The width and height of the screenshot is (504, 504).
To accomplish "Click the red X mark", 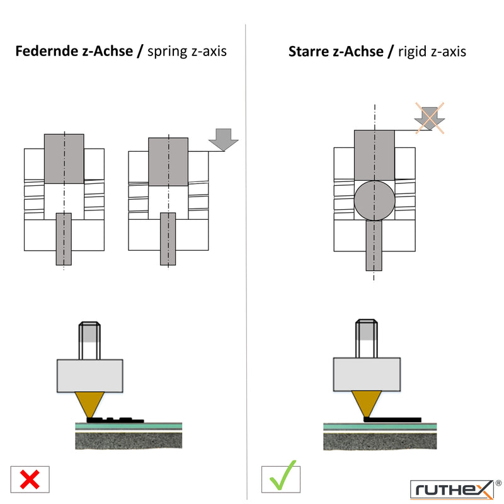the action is (30, 479).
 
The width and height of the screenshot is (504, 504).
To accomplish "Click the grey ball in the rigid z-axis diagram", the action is (374, 200).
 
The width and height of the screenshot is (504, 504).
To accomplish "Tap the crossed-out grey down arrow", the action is (430, 118).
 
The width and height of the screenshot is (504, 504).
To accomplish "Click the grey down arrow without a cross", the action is (224, 139).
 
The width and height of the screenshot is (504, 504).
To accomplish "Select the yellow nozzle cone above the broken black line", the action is (89, 404).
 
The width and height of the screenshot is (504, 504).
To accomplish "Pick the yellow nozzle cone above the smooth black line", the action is (367, 403).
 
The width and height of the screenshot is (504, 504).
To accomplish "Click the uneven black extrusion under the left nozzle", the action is (115, 420).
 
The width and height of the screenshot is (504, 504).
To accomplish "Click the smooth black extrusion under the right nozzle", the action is (392, 420).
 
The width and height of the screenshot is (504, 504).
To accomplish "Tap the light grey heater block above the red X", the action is (89, 375).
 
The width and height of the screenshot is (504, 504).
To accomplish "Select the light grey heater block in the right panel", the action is (367, 374).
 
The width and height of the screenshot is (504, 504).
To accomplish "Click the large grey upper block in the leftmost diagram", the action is (64, 159).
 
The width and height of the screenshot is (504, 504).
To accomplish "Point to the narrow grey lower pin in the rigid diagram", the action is (374, 245).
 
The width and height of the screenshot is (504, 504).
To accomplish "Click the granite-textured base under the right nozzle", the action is (380, 441).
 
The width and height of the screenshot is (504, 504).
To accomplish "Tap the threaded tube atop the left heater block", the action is (89, 340).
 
